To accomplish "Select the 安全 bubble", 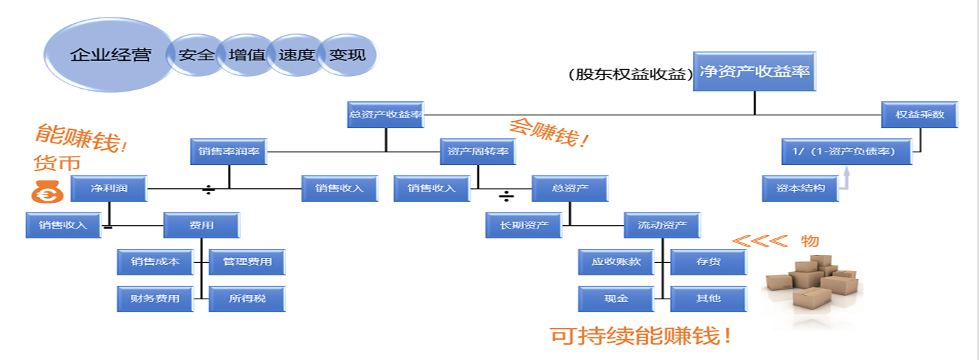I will pos(196,55).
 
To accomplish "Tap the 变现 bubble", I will pos(348,55).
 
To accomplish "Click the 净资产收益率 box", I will pos(755,71).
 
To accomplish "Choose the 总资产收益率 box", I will pos(385,115).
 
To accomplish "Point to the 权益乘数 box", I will pos(920,115).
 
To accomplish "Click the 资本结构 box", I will pos(800,188).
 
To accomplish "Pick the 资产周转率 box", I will pos(478,152).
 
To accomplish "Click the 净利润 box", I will pos(109,189).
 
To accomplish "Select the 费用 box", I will pos(201,225).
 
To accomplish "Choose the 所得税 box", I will pos(247,298).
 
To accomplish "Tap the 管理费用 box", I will pos(247,262).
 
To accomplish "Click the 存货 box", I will pos(708,262).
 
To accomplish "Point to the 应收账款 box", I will pos(616,262).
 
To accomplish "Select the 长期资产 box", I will pos(524,225).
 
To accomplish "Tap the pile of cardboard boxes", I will pos(811,283).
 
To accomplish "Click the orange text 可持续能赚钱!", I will pos(642,336).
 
